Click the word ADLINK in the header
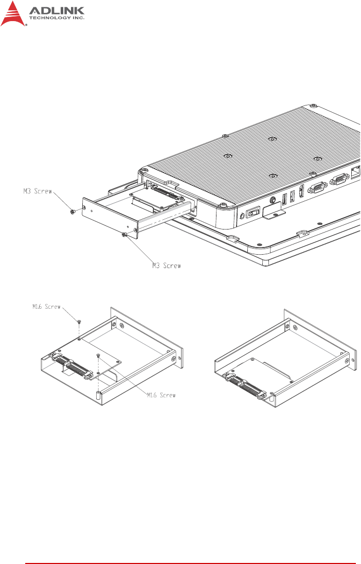click(x=57, y=11)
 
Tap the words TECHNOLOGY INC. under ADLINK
click(x=57, y=18)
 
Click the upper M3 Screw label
click(x=38, y=191)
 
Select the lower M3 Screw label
click(x=167, y=266)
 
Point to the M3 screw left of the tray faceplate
click(x=73, y=212)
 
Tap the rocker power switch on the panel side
click(x=253, y=213)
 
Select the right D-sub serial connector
click(x=339, y=179)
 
